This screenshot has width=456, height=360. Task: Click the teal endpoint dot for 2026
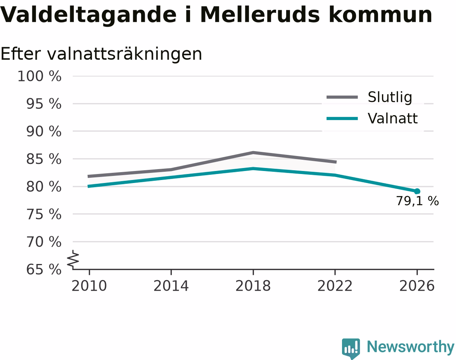[x=417, y=191]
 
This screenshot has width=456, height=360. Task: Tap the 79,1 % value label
[x=417, y=201]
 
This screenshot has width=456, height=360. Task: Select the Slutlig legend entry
[x=369, y=97]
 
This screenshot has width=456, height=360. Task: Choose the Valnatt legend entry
[x=372, y=118]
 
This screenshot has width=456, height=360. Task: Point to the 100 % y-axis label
[x=39, y=76]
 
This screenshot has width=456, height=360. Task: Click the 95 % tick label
[x=44, y=104]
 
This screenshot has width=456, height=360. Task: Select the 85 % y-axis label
[x=44, y=159]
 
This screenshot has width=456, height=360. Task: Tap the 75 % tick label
[x=44, y=214]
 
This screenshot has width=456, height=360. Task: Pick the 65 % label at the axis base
[x=44, y=270]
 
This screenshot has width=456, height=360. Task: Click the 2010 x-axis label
[x=89, y=286]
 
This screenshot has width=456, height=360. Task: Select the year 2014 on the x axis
[x=171, y=286]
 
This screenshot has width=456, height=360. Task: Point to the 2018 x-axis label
[x=253, y=286]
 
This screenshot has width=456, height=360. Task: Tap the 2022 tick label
[x=335, y=286]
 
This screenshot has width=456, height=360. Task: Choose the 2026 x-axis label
[x=417, y=286]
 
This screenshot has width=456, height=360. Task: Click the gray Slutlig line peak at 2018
[x=253, y=153]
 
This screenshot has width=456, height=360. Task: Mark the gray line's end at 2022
[x=336, y=162]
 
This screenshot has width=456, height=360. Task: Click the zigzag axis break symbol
[x=73, y=258]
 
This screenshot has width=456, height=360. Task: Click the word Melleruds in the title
[x=260, y=15]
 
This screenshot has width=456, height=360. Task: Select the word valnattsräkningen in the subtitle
[x=124, y=54]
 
